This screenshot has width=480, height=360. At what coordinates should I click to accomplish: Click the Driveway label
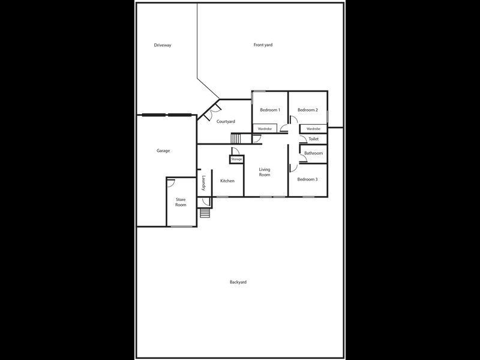[163, 45]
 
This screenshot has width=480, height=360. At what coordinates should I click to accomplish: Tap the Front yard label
[263, 45]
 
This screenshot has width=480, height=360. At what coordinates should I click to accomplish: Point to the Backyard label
[238, 282]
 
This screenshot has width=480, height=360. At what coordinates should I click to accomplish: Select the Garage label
[163, 151]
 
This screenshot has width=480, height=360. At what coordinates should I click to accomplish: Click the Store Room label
[181, 202]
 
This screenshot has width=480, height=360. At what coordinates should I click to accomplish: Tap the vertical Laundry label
[204, 183]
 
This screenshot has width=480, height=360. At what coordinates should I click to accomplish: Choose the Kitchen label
[227, 181]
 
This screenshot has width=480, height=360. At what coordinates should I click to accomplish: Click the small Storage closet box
[236, 159]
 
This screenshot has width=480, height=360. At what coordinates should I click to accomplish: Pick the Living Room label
[265, 172]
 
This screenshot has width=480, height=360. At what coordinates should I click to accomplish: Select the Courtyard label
[226, 122]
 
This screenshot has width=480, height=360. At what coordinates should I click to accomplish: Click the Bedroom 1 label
[270, 110]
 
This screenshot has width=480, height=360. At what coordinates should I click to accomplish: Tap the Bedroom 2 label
[308, 110]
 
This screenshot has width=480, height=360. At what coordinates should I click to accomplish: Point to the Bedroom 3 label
[308, 179]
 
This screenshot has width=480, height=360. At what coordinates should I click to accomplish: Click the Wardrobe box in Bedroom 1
[265, 129]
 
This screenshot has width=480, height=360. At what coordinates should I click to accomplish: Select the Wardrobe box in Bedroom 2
[313, 129]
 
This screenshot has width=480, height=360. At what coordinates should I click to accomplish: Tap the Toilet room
[313, 139]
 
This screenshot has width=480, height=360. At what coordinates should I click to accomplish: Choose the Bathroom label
[313, 154]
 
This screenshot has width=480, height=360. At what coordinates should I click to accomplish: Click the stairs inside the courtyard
[235, 139]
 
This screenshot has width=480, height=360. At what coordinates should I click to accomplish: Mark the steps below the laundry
[205, 214]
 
